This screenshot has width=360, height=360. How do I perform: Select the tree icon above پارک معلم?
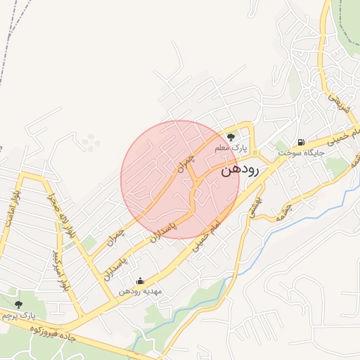click(231, 137)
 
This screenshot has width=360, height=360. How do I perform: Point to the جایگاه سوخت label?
click(300, 152)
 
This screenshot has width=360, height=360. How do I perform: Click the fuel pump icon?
click(302, 141)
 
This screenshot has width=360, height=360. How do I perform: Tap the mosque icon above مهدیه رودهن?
click(140, 281)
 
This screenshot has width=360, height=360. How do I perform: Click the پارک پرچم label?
click(18, 316)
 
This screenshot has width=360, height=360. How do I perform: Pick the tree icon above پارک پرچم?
click(18, 304)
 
